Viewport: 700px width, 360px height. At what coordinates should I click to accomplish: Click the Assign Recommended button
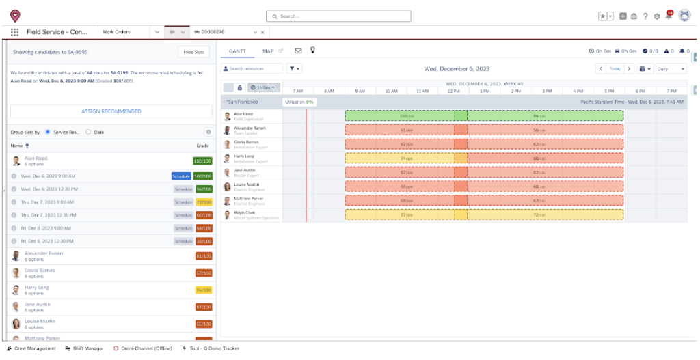tap(111, 111)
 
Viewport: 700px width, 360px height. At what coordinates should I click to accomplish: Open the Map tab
tap(268, 51)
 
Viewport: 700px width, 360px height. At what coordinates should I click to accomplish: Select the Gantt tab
tap(237, 51)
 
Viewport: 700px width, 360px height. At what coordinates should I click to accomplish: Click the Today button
tap(615, 69)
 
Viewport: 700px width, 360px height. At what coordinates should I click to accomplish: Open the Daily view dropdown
tap(670, 69)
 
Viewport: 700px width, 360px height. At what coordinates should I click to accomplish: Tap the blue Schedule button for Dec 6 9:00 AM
tap(182, 176)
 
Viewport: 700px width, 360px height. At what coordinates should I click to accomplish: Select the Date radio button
tap(88, 132)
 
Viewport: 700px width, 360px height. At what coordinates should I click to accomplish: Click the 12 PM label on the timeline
tap(453, 91)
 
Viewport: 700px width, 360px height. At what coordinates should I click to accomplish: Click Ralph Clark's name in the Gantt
tap(244, 212)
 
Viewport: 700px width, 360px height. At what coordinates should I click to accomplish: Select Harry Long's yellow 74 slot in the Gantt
tap(399, 158)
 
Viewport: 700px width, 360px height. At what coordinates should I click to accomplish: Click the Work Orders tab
tap(116, 32)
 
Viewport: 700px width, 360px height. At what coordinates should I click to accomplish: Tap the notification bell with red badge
tap(669, 16)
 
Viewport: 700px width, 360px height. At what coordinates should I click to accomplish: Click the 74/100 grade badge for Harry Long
tap(204, 290)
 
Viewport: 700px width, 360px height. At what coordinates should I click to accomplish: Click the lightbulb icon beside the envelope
tap(313, 51)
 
